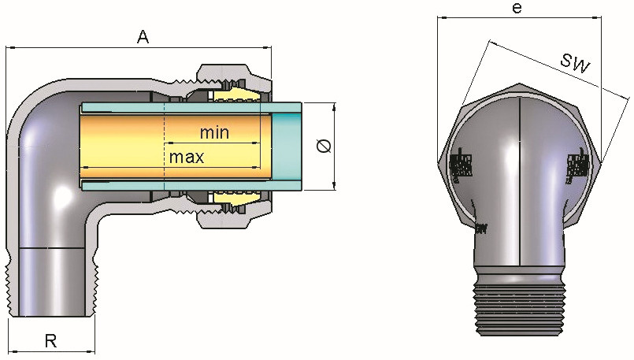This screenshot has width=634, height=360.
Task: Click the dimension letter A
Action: tap(143, 36)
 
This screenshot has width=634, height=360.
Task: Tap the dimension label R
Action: tap(50, 341)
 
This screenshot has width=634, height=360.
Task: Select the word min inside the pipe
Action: tap(214, 132)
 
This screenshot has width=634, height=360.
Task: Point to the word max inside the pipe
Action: tap(187, 157)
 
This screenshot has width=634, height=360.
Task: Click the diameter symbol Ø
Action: tap(321, 147)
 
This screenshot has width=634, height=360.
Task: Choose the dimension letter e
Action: tap(517, 9)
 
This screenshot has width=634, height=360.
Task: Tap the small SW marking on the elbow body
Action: tap(480, 229)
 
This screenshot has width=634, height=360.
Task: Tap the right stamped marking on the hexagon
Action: tap(578, 166)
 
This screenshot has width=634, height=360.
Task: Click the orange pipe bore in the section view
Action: tap(173, 142)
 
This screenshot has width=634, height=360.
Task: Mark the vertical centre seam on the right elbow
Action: tap(521, 181)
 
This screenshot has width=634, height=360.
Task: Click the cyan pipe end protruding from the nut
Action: tap(287, 147)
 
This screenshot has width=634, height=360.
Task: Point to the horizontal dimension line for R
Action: tap(50, 351)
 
